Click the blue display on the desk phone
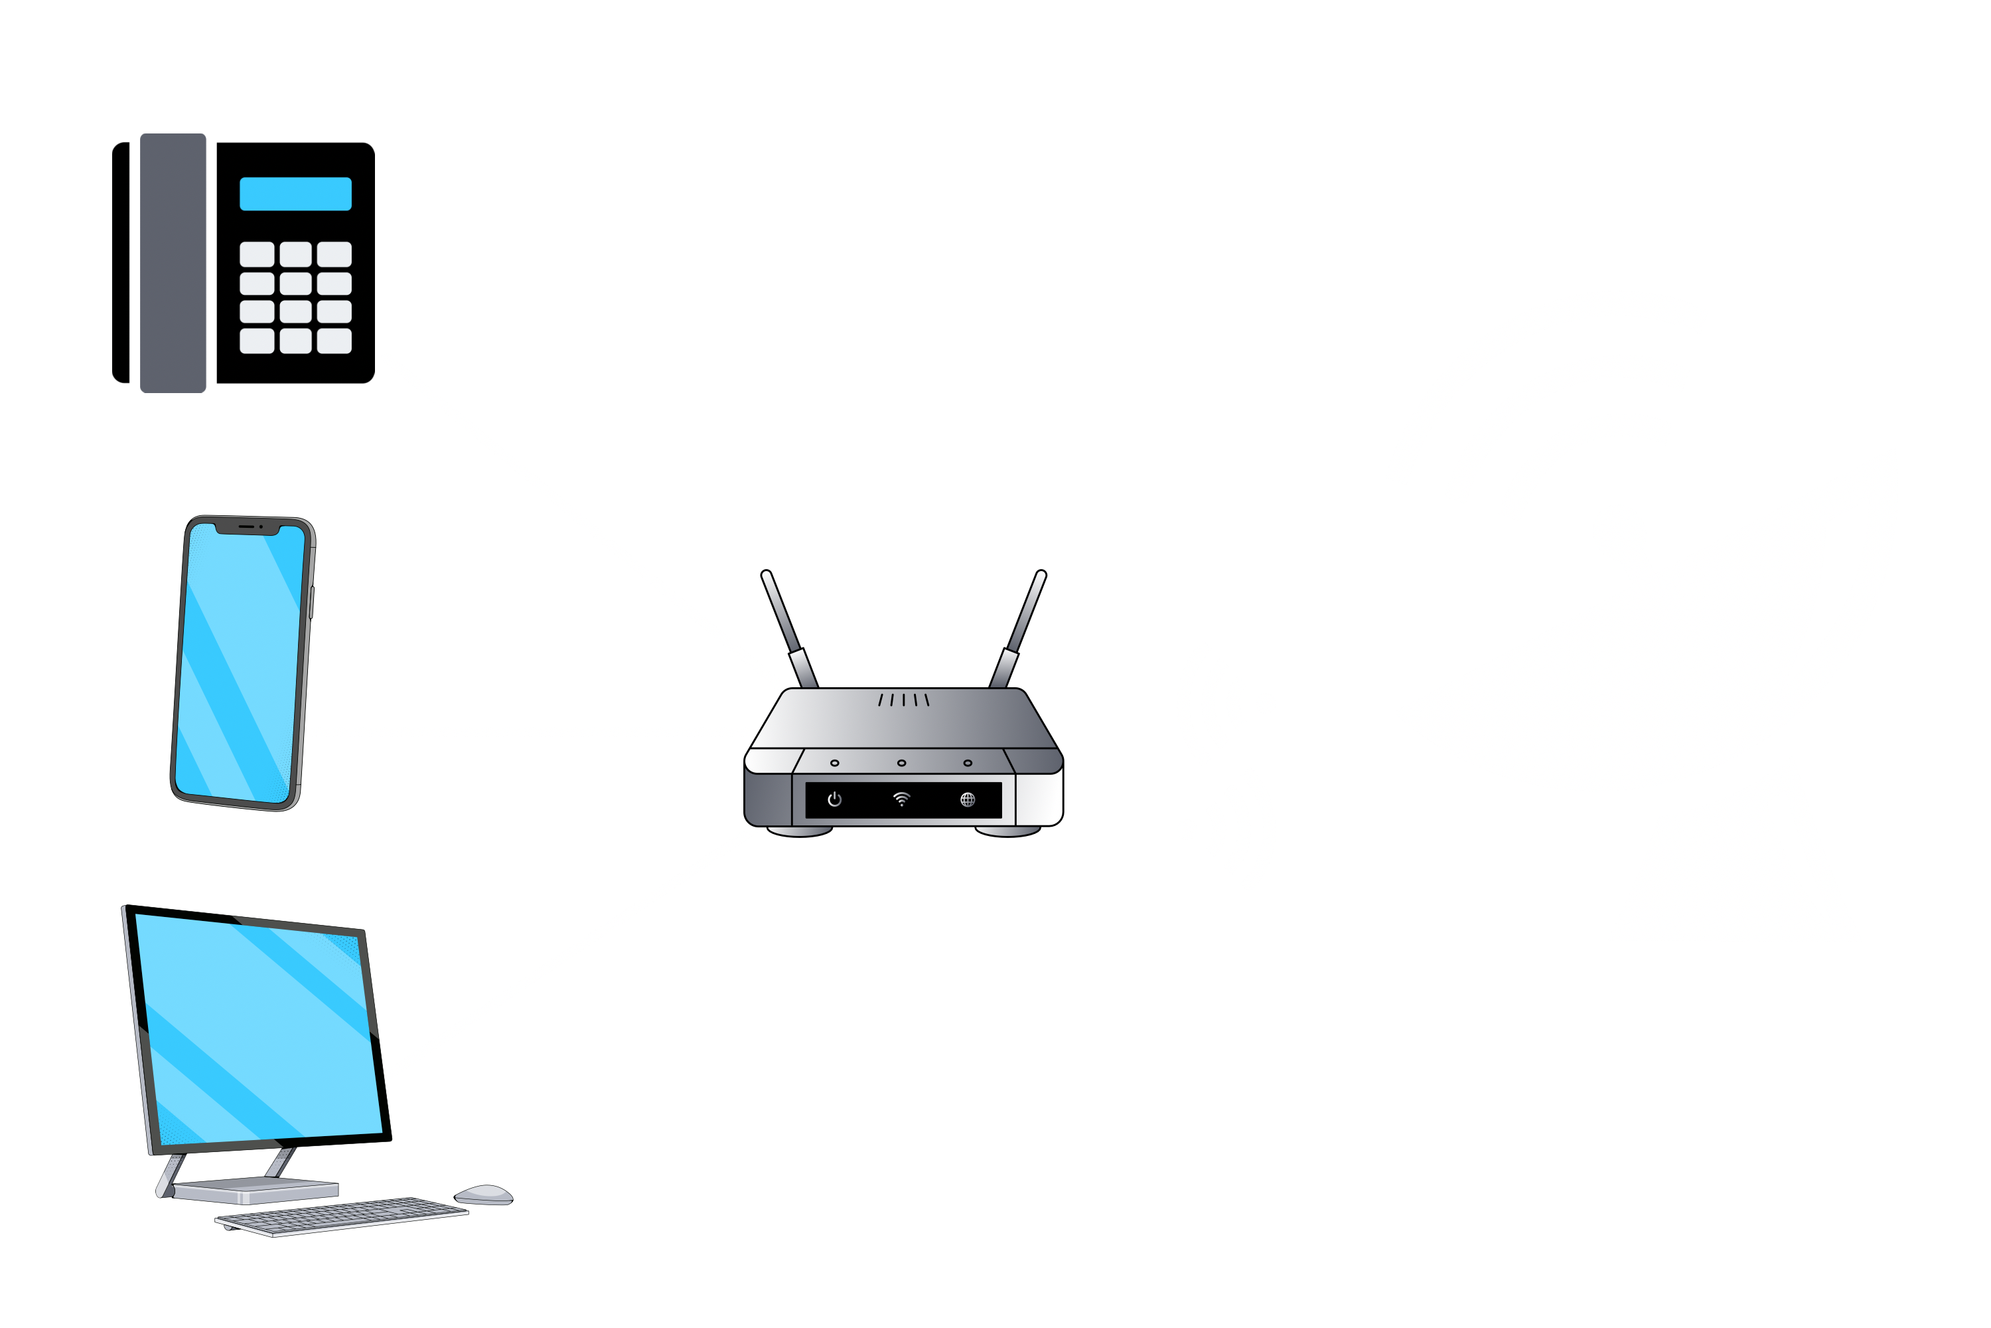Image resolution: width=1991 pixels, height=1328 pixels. (295, 194)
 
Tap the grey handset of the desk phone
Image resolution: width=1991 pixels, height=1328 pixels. (173, 262)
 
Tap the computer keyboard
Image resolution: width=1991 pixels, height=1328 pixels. (341, 1217)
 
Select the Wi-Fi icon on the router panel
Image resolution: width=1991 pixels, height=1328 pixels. (901, 799)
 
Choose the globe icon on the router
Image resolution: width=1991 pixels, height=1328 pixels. (968, 799)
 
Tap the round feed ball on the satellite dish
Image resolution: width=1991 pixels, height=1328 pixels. (1619, 532)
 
